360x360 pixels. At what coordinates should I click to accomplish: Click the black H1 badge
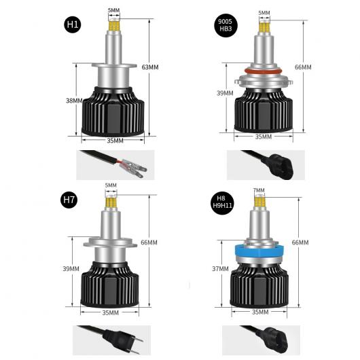[73, 24]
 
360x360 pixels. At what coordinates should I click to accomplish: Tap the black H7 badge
[69, 200]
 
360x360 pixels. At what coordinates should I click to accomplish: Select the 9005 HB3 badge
[226, 25]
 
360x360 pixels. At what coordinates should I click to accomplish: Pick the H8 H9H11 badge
[223, 202]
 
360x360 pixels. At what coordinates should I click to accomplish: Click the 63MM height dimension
[150, 67]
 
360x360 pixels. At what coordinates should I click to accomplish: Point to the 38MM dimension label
[74, 101]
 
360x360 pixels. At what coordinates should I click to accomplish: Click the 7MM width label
[259, 190]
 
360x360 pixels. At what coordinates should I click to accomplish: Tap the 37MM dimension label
[220, 268]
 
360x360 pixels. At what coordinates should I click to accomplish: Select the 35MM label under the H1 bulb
[115, 141]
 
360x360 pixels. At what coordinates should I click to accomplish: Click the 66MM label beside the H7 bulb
[149, 242]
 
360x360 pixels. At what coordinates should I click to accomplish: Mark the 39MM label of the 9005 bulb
[225, 93]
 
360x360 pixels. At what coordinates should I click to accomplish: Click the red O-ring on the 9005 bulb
[263, 71]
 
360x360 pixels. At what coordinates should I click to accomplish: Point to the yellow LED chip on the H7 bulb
[111, 202]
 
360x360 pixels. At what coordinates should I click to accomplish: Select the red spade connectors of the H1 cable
[132, 167]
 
